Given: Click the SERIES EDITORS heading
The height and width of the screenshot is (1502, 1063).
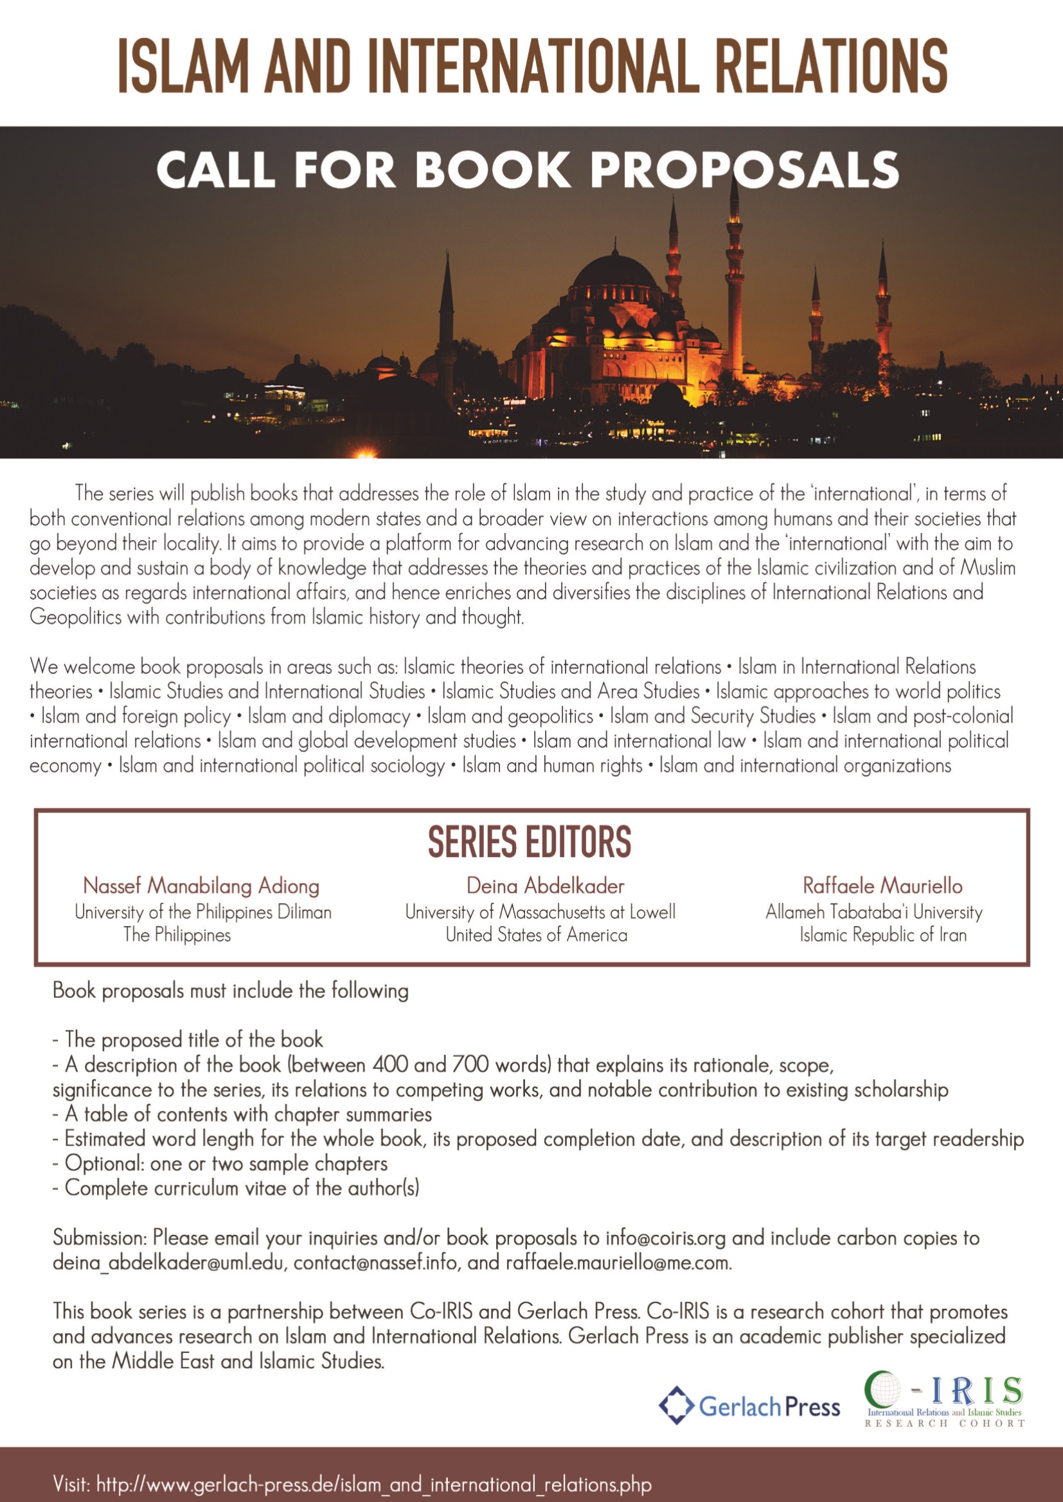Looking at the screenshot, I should click(x=530, y=842).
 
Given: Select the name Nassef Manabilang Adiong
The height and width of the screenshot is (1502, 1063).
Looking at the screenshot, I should click(x=201, y=886).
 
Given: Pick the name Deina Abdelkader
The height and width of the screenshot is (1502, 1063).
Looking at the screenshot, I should click(x=545, y=886).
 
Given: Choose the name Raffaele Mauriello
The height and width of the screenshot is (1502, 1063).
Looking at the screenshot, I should click(x=882, y=886).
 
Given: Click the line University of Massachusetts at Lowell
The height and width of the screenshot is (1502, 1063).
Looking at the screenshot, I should click(x=540, y=912).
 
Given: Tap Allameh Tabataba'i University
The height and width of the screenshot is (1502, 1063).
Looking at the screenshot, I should click(x=874, y=912).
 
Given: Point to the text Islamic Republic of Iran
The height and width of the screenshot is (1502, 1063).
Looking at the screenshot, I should click(x=883, y=936).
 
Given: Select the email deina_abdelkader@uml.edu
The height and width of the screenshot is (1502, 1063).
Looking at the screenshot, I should click(x=169, y=1263).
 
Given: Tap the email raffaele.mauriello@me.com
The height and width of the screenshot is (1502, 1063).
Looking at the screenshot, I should click(x=618, y=1263).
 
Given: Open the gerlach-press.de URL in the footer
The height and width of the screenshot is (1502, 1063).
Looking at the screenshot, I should click(x=374, y=1484).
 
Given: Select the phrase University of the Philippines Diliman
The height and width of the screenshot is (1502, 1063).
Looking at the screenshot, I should click(x=203, y=912).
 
